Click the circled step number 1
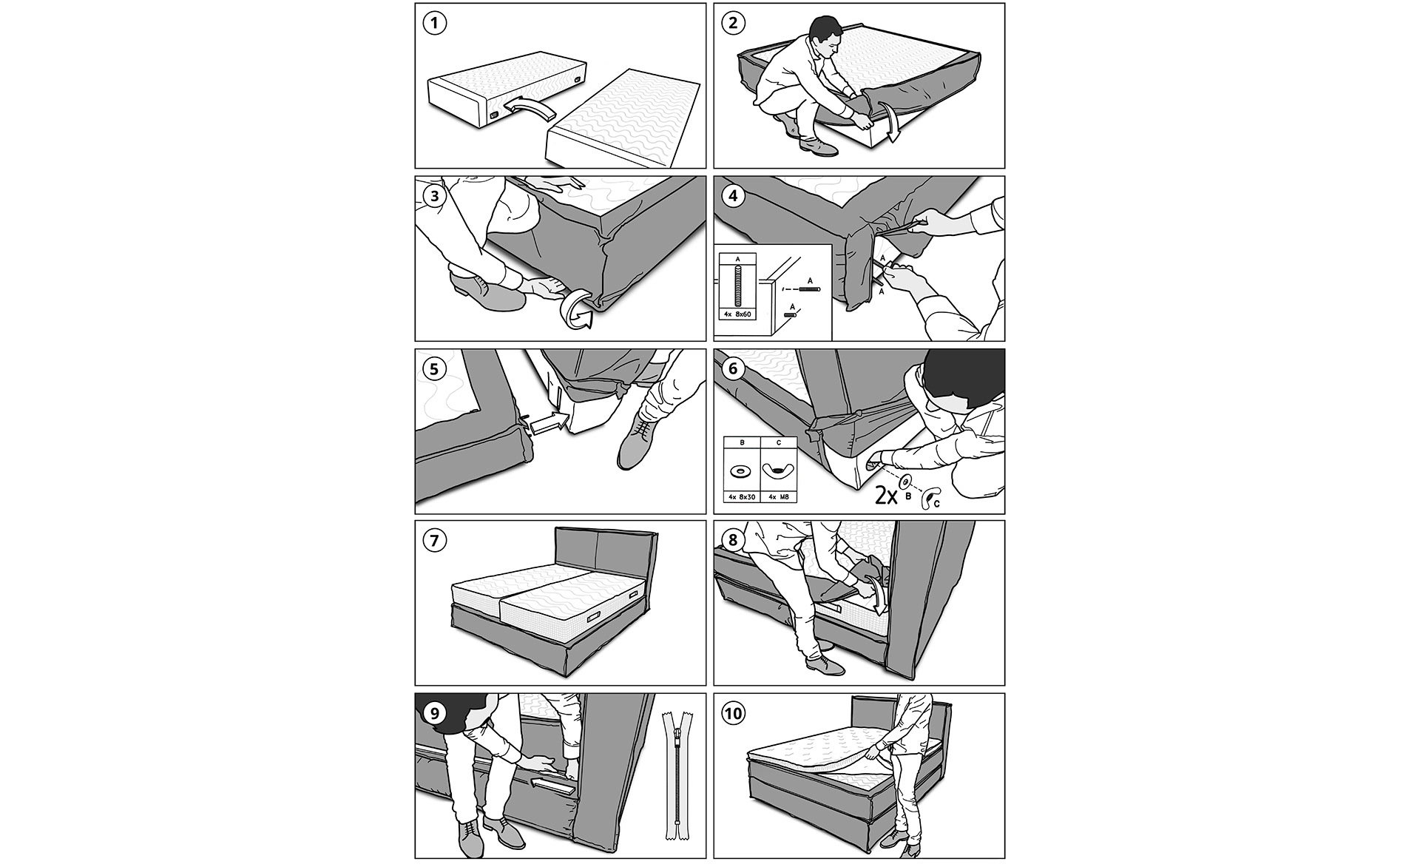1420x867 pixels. [435, 23]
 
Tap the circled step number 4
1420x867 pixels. [733, 197]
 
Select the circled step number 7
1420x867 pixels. [435, 541]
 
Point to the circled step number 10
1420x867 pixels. [733, 714]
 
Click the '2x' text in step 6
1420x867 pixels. [887, 495]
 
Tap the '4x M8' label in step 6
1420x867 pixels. [778, 497]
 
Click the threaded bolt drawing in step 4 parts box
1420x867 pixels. [737, 286]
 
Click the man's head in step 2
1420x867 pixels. [825, 34]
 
